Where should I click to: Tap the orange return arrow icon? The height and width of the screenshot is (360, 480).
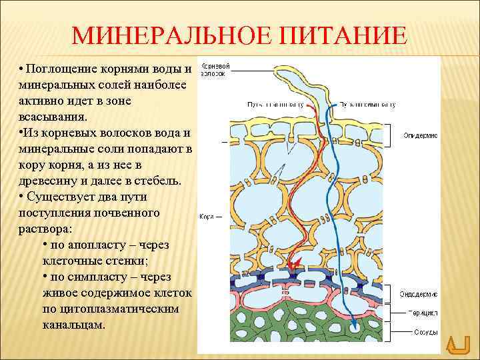(458, 345)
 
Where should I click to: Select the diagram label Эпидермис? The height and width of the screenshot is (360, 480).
(420, 135)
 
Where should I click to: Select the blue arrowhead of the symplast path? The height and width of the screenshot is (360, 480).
(355, 325)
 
